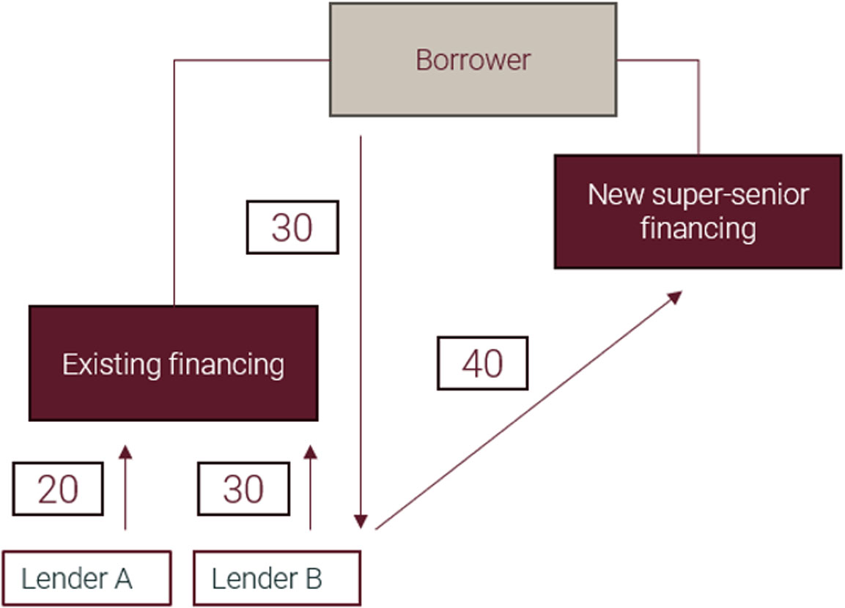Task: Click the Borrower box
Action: click(473, 59)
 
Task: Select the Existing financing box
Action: click(173, 363)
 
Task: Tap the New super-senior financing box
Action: click(698, 211)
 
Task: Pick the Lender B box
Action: click(276, 579)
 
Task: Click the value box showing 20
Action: click(58, 489)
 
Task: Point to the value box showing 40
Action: click(482, 363)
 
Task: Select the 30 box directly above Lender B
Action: click(243, 489)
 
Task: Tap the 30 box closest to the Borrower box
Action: click(292, 227)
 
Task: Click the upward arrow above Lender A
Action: click(126, 487)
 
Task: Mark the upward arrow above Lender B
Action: click(311, 487)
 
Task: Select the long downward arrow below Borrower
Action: click(360, 330)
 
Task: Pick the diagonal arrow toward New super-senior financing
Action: click(528, 410)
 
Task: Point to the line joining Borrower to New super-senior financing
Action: click(698, 103)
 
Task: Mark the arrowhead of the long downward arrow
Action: click(360, 522)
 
